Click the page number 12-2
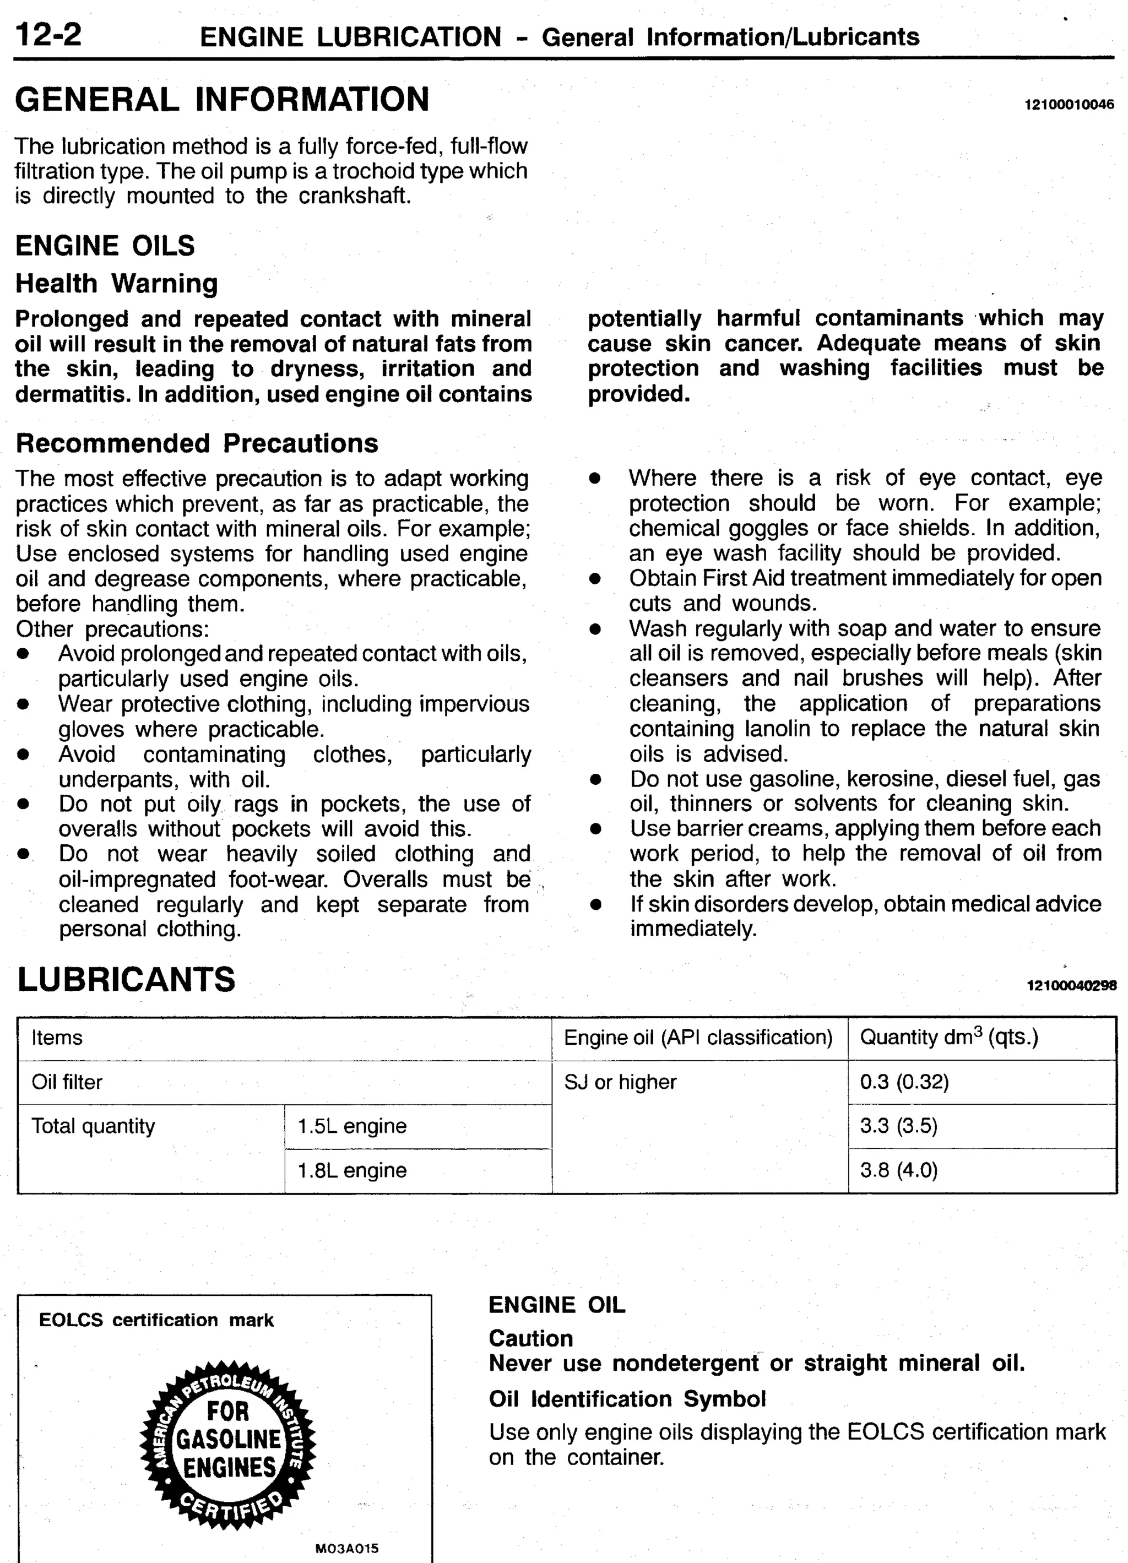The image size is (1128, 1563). click(x=47, y=35)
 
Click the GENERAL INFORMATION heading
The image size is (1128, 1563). click(x=222, y=99)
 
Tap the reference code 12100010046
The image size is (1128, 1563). click(x=1069, y=105)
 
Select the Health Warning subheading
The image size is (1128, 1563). click(x=116, y=283)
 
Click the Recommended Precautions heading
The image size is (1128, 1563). click(x=197, y=443)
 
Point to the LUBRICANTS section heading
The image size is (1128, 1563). click(x=126, y=979)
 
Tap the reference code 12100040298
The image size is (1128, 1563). click(x=1071, y=985)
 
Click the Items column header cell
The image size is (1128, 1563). click(x=57, y=1037)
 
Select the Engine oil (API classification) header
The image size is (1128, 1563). click(x=698, y=1037)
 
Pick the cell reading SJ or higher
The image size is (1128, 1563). click(x=620, y=1082)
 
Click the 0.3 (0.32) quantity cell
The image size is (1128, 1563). click(x=904, y=1082)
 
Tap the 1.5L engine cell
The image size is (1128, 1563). click(x=352, y=1126)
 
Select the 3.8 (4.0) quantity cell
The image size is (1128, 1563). click(x=898, y=1170)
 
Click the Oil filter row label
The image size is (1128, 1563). click(x=67, y=1082)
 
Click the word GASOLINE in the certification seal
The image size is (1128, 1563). click(x=229, y=1439)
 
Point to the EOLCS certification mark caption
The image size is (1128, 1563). click(x=156, y=1320)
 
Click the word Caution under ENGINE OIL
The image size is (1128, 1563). click(x=530, y=1338)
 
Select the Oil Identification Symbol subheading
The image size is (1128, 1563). click(x=627, y=1399)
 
